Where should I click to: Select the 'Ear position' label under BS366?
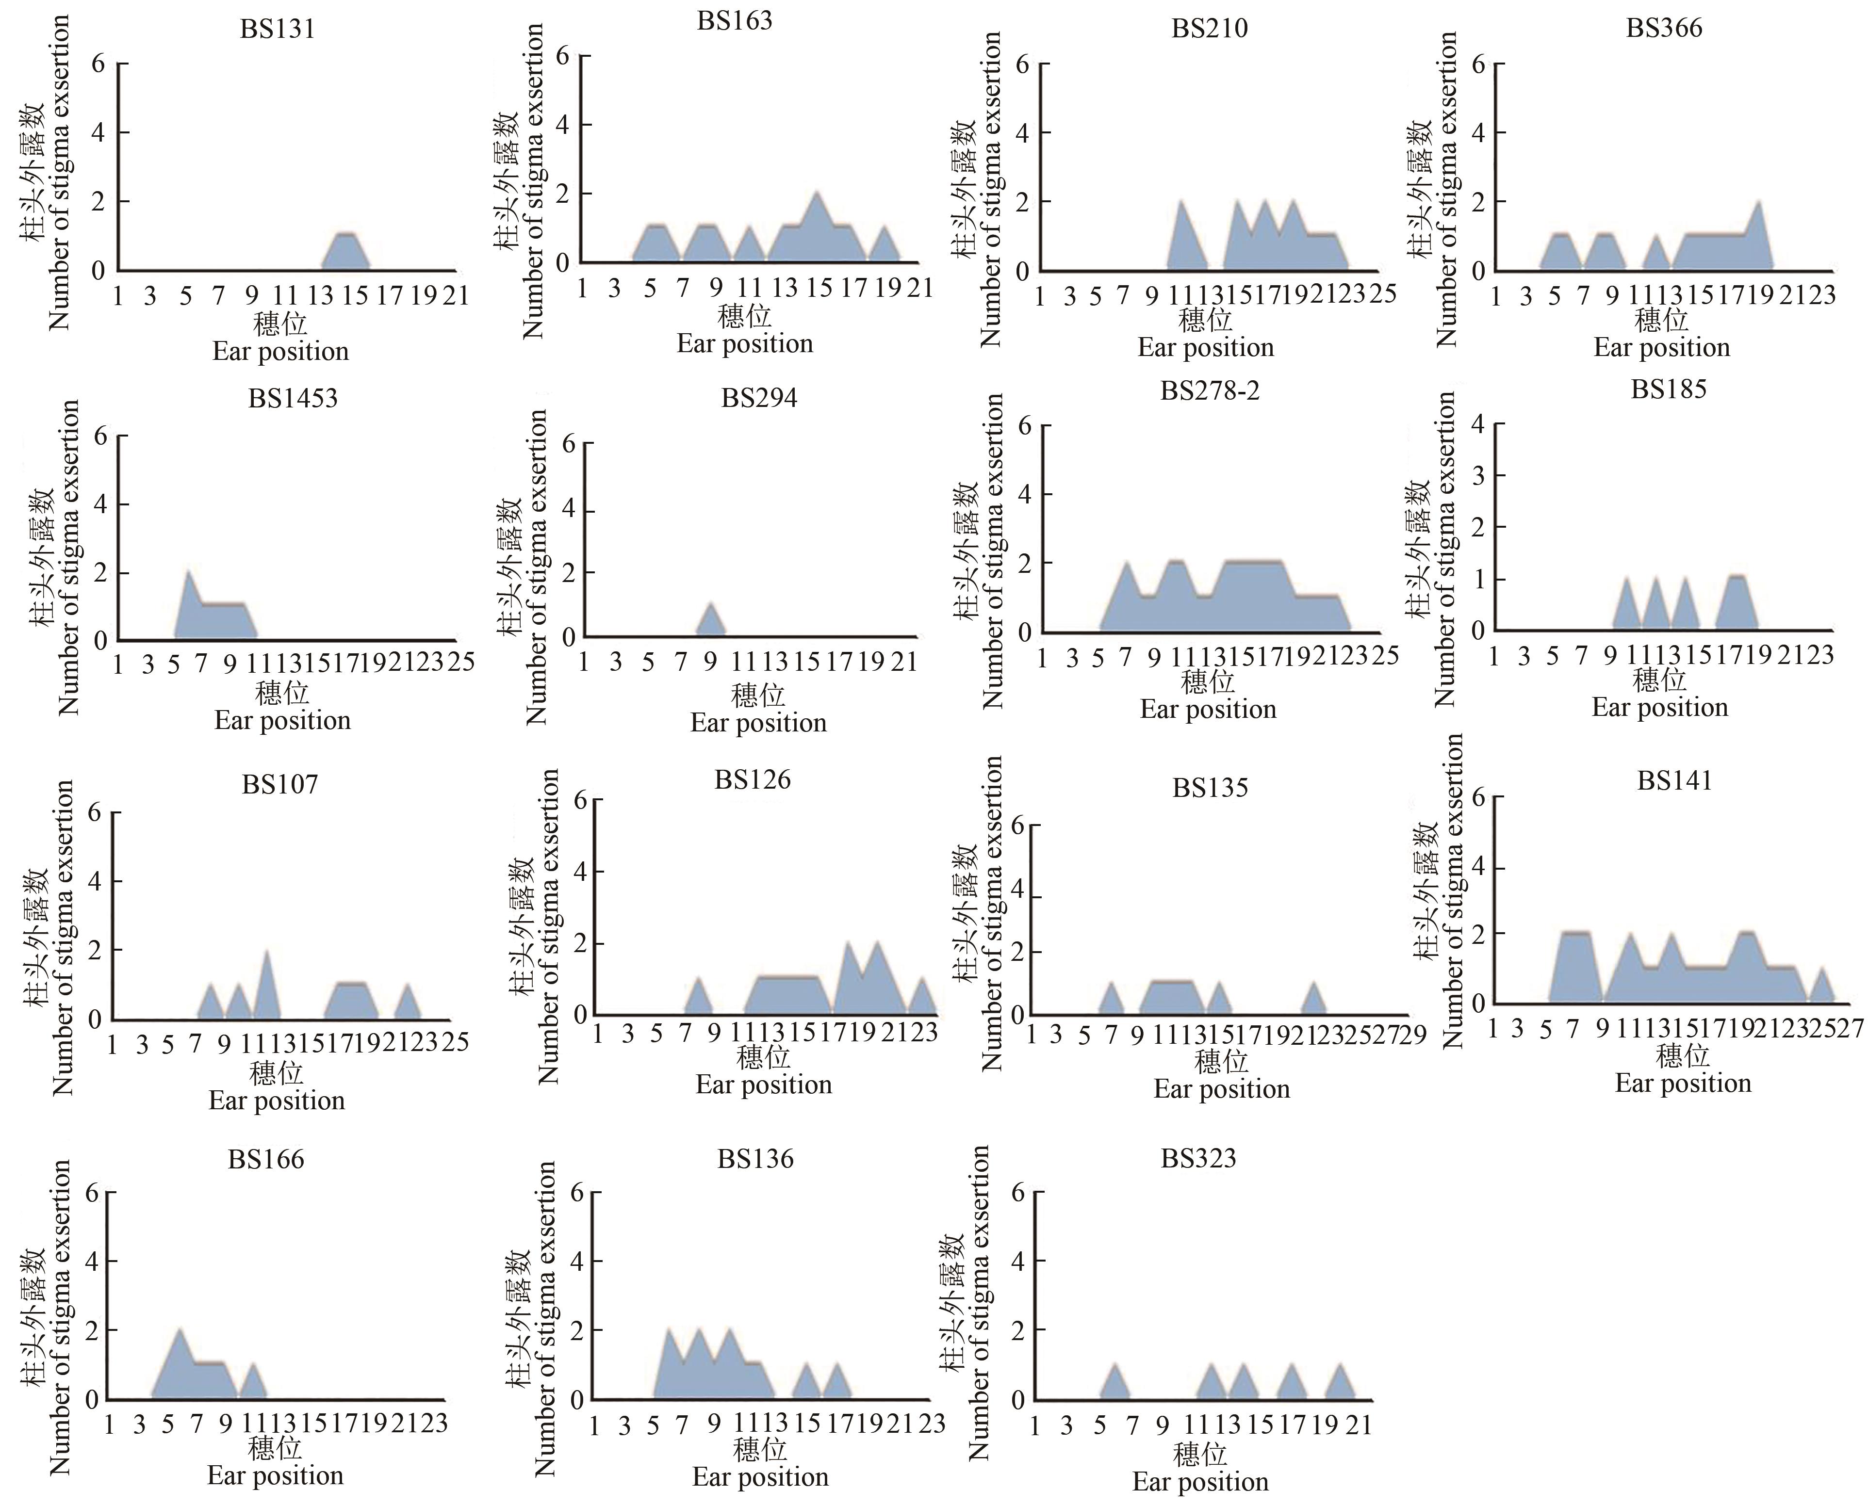click(x=1661, y=348)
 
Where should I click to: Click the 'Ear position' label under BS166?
click(x=275, y=1475)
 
